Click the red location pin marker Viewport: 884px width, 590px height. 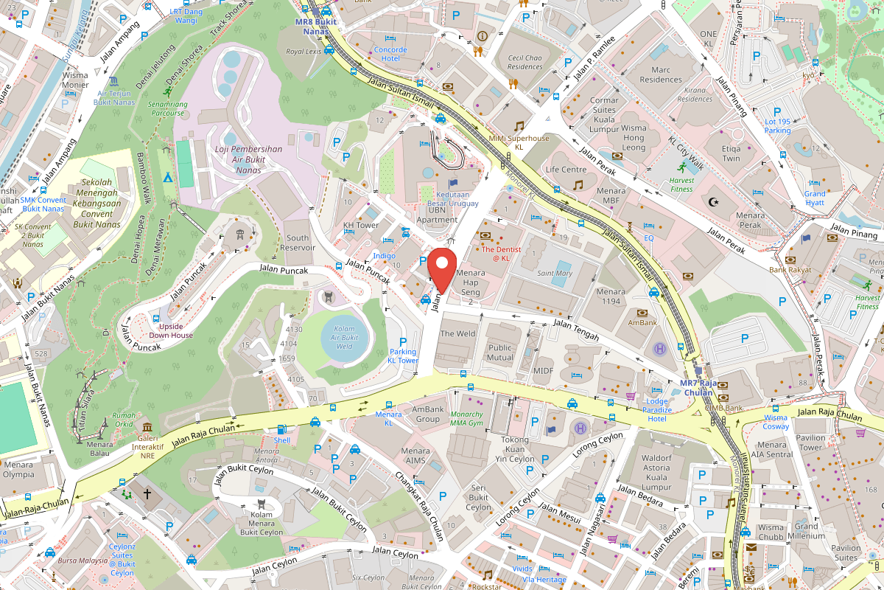[x=442, y=270]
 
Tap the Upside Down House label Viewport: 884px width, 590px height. [x=172, y=330]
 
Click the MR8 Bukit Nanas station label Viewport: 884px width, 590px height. [x=315, y=27]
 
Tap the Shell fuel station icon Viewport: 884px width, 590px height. [x=281, y=429]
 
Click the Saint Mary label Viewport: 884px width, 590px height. [x=555, y=274]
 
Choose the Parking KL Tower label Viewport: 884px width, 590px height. [x=403, y=356]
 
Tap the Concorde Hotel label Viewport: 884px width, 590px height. [x=390, y=54]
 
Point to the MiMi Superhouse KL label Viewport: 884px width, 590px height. [x=519, y=142]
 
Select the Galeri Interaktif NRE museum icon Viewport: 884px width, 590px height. [x=147, y=428]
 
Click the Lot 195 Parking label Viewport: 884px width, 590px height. [x=777, y=126]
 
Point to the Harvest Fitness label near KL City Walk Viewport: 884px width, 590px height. [x=682, y=184]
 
